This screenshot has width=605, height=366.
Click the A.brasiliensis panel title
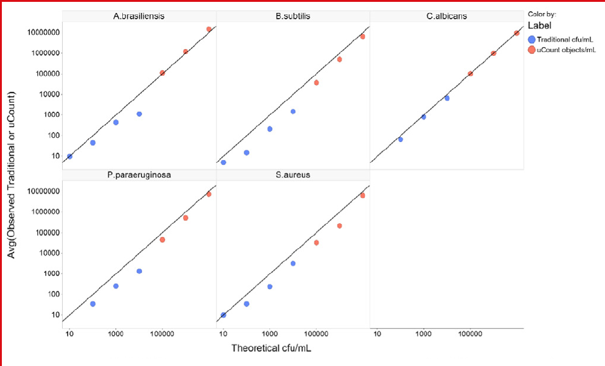click(x=139, y=16)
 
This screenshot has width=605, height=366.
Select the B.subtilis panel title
click(x=293, y=16)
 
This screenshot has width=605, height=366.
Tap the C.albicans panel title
click(x=447, y=16)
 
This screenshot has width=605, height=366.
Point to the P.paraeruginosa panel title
click(x=139, y=175)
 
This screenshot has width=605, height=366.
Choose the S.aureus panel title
click(x=293, y=175)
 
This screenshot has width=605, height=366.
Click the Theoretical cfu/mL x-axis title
click(x=271, y=348)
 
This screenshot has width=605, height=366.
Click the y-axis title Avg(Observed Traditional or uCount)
click(x=11, y=175)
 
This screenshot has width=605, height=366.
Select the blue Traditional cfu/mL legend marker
click(x=532, y=39)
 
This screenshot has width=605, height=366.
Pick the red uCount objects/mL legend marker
click(x=532, y=50)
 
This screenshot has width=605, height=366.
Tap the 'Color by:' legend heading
click(x=542, y=14)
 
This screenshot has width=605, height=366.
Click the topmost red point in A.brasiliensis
click(x=208, y=29)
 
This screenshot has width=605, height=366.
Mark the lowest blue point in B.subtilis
click(x=223, y=163)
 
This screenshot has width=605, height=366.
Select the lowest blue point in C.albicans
click(x=400, y=140)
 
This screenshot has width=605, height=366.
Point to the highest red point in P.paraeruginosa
click(x=208, y=194)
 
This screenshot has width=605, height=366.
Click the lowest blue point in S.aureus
click(x=223, y=315)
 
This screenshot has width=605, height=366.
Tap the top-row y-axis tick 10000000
click(x=43, y=32)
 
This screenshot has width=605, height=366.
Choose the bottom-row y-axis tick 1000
click(x=52, y=274)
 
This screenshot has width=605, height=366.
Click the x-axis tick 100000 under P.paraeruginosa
click(x=162, y=334)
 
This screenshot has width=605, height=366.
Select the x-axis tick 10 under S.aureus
click(x=223, y=334)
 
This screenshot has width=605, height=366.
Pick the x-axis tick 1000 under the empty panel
click(x=424, y=334)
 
